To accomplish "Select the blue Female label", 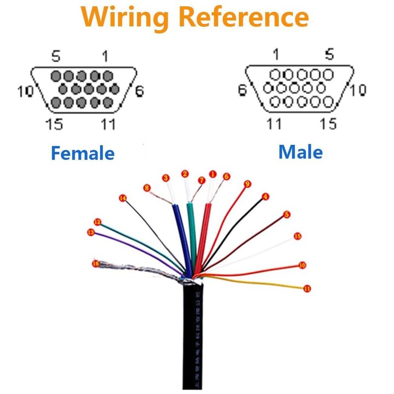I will click(82, 153).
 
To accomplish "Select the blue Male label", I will click(300, 152).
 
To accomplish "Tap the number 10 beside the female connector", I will click(25, 91).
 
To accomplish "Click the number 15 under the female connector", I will click(54, 124).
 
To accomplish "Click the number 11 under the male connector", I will click(274, 123).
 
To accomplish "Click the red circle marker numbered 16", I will click(96, 264).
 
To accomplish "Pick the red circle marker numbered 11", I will click(307, 289).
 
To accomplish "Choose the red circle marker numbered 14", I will click(123, 198).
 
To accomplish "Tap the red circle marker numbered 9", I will click(248, 184).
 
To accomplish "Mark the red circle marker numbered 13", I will click(90, 232).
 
